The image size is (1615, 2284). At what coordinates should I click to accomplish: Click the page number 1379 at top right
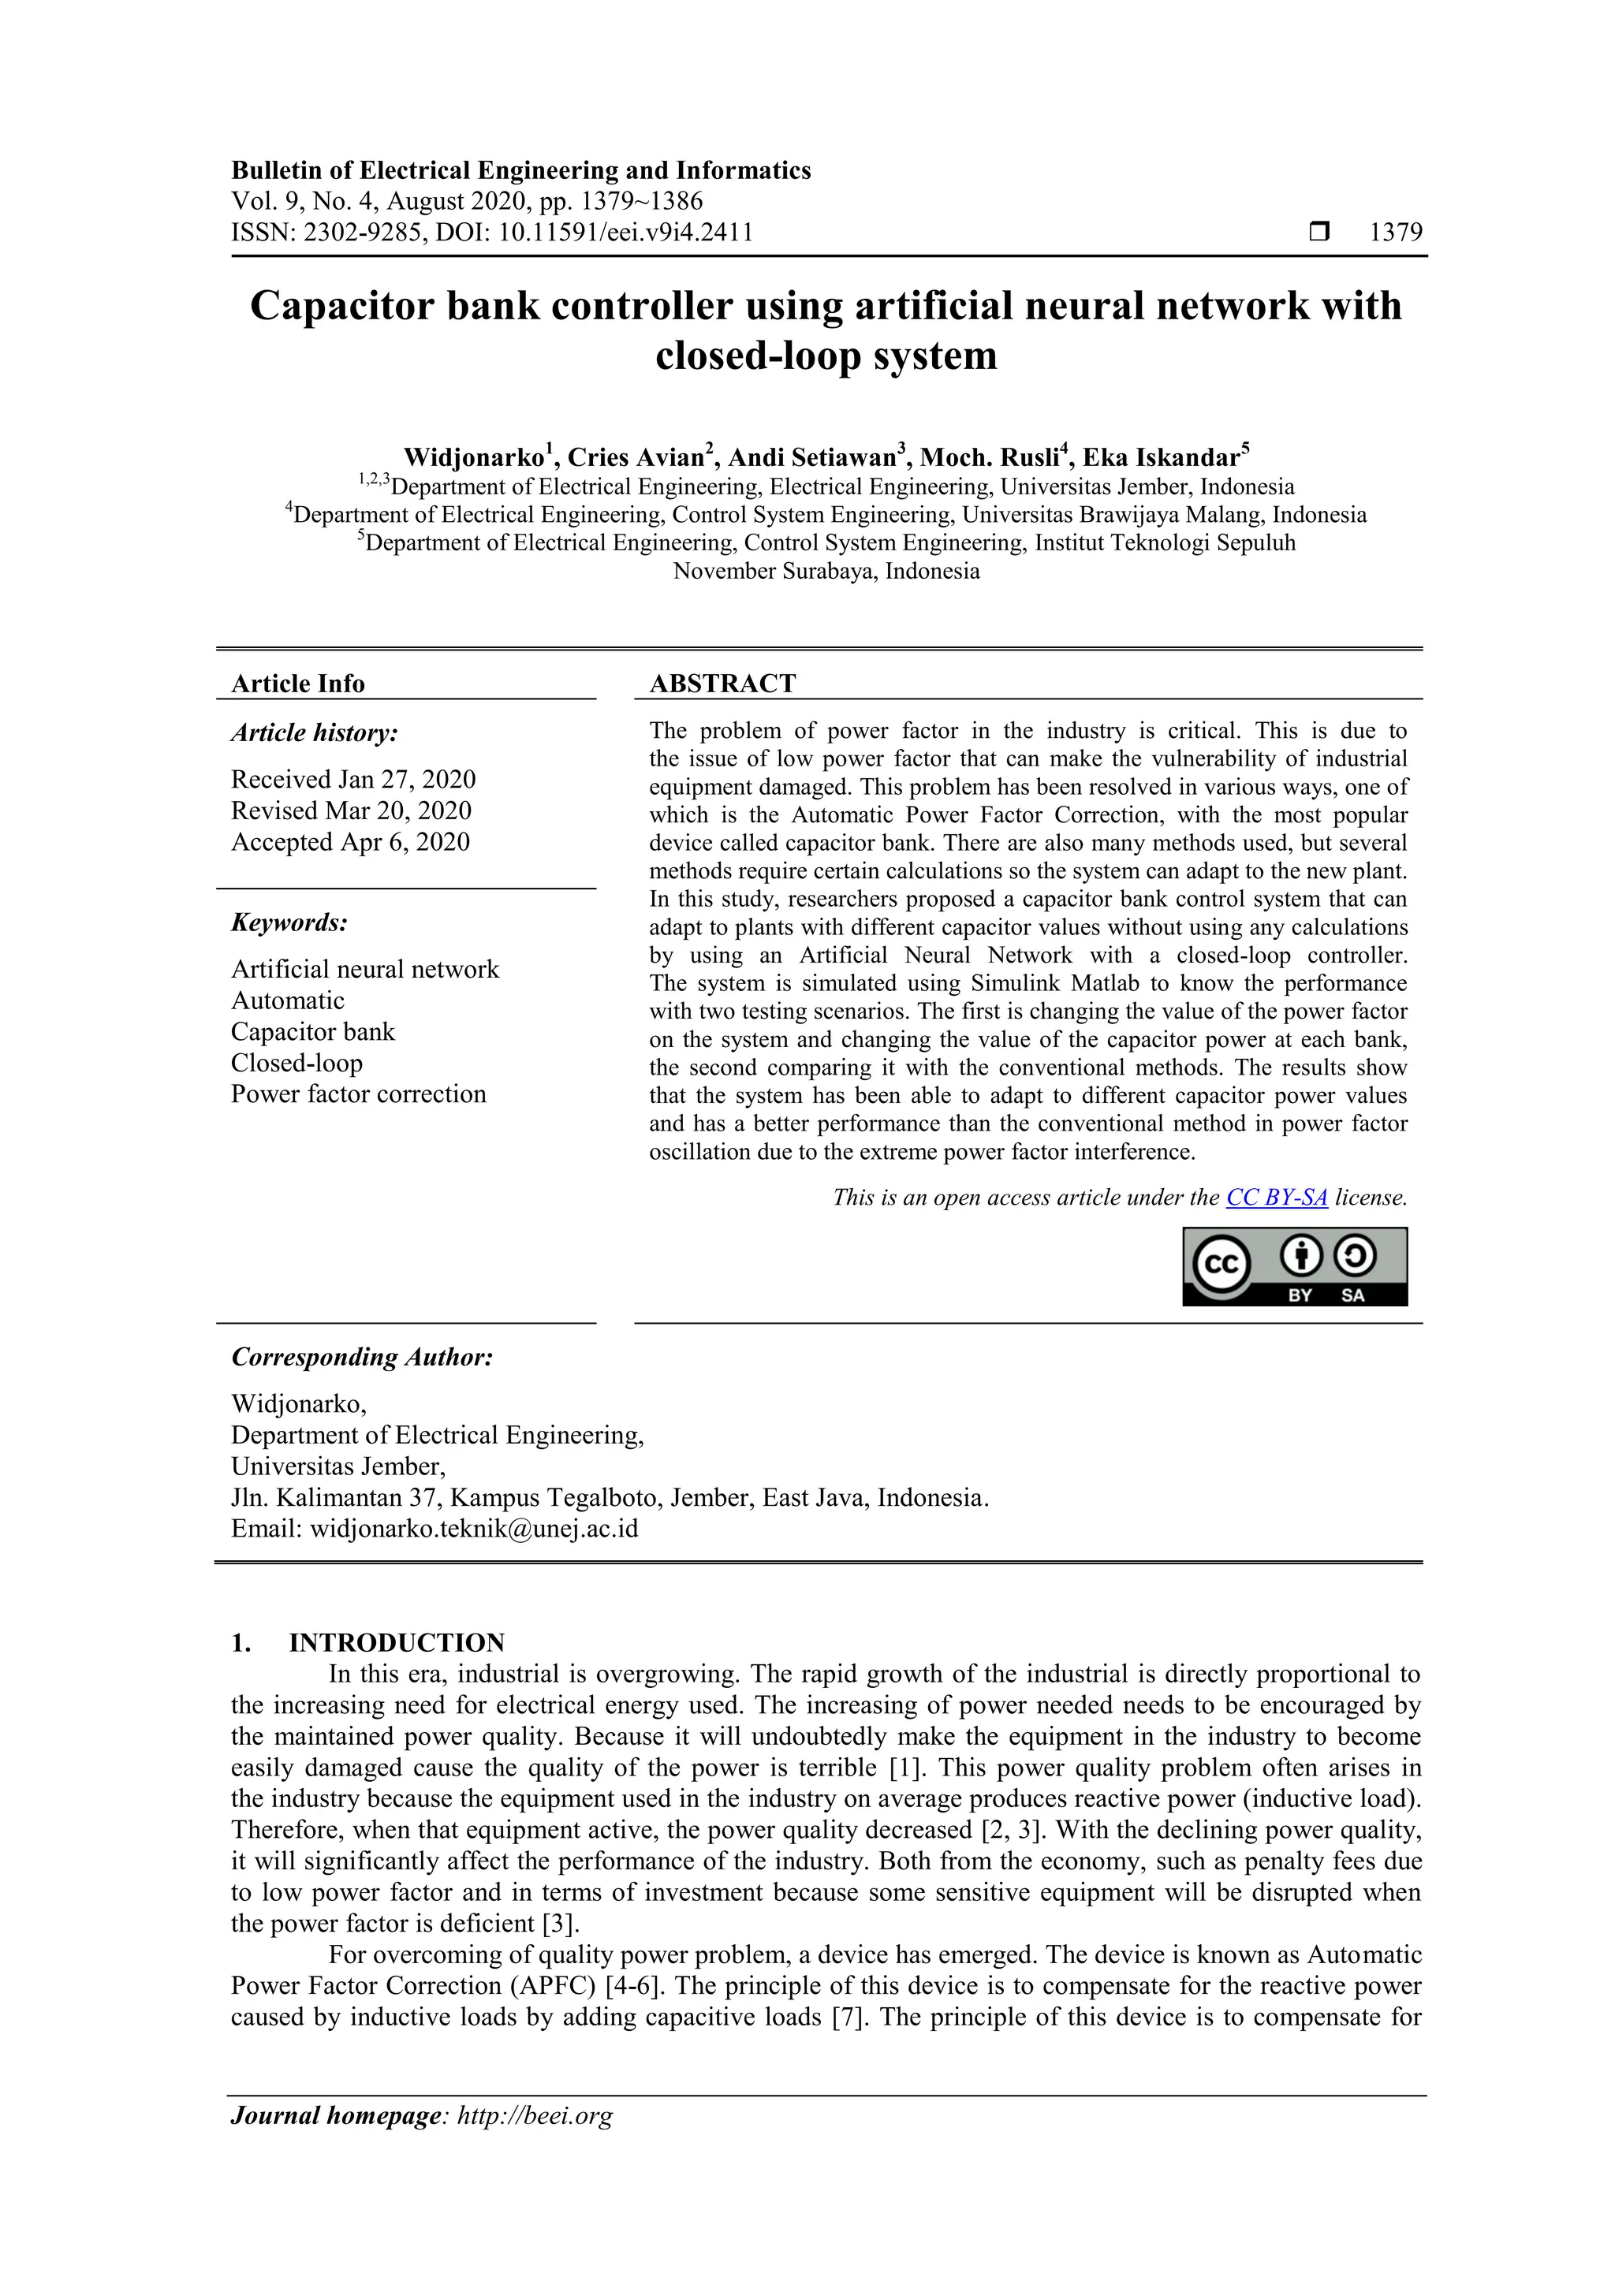[x=1395, y=233]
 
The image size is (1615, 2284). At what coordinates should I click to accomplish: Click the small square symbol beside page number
[x=1318, y=233]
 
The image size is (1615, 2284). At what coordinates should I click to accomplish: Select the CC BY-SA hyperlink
[x=1277, y=1198]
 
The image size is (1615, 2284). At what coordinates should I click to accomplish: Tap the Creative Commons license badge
[x=1295, y=1266]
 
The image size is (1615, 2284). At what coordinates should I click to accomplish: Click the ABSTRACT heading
[x=722, y=684]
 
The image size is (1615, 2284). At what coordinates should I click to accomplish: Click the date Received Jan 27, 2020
[x=353, y=779]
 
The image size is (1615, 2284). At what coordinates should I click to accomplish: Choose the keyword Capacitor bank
[x=312, y=1031]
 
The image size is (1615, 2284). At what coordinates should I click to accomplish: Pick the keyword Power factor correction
[x=358, y=1094]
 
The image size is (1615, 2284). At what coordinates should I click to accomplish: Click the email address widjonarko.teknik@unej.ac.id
[x=474, y=1528]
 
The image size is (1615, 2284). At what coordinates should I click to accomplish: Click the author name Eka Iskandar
[x=1162, y=457]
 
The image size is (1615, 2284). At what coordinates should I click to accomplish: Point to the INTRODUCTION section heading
[x=396, y=1642]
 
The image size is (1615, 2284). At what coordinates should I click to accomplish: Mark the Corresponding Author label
[x=362, y=1357]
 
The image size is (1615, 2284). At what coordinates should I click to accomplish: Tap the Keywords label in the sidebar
[x=289, y=922]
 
